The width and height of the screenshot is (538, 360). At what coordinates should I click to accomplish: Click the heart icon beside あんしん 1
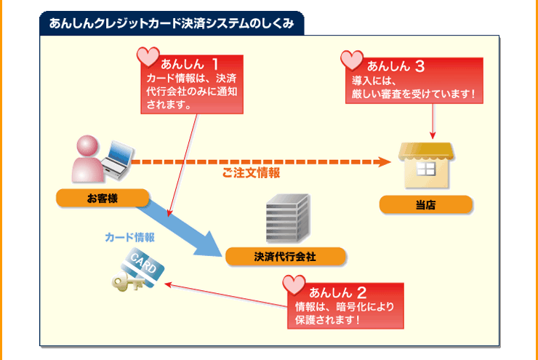(148, 56)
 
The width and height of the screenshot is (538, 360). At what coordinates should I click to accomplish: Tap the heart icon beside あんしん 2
(294, 284)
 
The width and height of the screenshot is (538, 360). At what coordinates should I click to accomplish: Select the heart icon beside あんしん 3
(352, 60)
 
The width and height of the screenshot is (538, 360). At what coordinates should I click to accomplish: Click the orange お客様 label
(103, 198)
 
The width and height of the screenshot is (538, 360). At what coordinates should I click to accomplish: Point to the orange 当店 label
(426, 205)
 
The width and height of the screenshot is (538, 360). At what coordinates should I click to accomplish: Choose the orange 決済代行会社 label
(285, 256)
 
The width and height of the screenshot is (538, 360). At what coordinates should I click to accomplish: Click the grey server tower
(288, 218)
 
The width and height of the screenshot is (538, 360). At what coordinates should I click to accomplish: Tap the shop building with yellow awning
(426, 165)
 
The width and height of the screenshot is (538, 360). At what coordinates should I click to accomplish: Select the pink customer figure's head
(87, 146)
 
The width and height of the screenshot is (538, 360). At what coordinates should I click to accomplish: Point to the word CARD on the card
(143, 263)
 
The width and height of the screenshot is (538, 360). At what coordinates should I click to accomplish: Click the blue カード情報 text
(129, 237)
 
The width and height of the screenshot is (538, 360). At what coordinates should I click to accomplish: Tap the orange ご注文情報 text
(251, 172)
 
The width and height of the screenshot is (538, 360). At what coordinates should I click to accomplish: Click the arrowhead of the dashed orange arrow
(385, 162)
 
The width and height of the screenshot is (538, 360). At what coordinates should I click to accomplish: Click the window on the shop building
(426, 169)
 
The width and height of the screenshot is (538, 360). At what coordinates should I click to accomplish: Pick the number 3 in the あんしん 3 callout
(419, 66)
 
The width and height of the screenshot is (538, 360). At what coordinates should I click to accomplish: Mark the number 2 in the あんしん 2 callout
(361, 292)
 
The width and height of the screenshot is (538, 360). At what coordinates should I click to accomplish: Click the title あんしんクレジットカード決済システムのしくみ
(172, 23)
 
